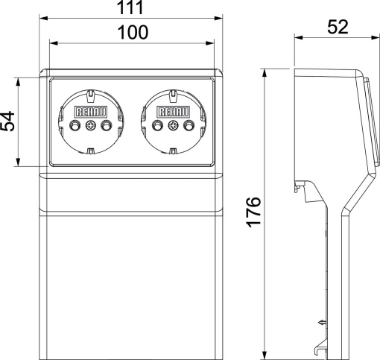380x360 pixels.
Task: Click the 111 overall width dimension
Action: pyautogui.click(x=131, y=7)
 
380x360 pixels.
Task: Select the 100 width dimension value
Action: pyautogui.click(x=131, y=32)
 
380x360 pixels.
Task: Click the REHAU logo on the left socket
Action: pyautogui.click(x=89, y=111)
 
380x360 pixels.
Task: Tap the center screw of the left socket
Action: pyautogui.click(x=89, y=124)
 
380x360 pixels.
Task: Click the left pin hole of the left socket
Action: pyautogui.click(x=73, y=124)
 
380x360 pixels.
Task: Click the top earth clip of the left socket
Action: pyautogui.click(x=89, y=95)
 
